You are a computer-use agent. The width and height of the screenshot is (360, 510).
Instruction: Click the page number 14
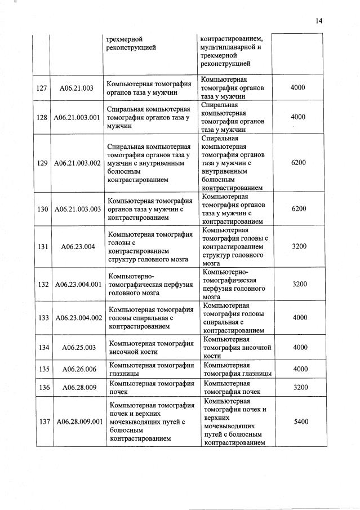point(318,21)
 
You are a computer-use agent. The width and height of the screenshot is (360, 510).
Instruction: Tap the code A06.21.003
point(77,88)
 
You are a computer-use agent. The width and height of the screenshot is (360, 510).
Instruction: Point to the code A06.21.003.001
point(77,117)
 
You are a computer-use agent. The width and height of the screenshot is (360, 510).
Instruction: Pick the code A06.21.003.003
point(77,209)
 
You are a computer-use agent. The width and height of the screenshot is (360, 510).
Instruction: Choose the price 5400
point(299,422)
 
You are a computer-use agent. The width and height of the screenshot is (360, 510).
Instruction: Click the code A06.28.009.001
point(77,422)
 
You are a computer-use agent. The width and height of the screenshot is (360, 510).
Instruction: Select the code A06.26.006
point(77,369)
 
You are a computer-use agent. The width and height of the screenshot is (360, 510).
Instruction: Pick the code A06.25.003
point(77,347)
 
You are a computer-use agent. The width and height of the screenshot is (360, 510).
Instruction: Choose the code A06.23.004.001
point(77,285)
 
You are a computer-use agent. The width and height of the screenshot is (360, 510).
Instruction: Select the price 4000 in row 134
point(299,347)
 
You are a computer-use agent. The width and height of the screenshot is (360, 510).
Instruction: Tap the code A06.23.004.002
point(77,318)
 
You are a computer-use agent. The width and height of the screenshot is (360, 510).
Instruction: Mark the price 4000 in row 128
point(299,117)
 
